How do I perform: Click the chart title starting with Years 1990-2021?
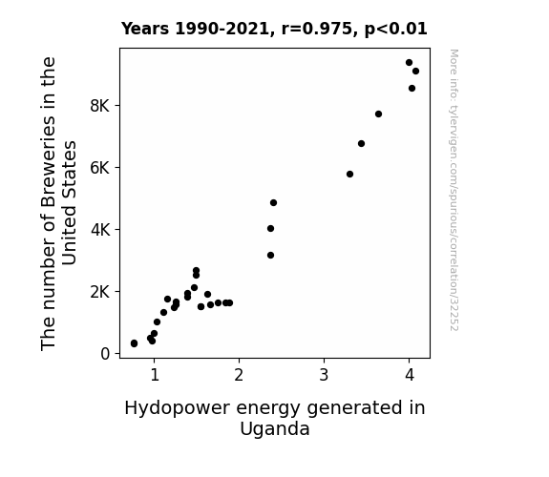(274, 29)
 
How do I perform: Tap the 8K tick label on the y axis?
(100, 106)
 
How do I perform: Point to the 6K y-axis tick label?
(100, 168)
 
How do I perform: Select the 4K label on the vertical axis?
(100, 230)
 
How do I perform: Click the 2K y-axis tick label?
(100, 292)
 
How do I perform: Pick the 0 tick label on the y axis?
(105, 354)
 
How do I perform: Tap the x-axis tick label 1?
(155, 375)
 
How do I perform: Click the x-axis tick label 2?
(239, 375)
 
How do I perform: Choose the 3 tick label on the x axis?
(325, 375)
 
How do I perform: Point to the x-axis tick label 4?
(410, 375)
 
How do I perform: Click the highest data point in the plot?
(409, 63)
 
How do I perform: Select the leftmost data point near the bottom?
(134, 343)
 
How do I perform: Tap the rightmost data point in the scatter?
(415, 71)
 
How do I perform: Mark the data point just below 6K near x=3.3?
(349, 174)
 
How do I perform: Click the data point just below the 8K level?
(378, 114)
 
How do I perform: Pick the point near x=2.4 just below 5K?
(273, 202)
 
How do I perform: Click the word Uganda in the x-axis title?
(275, 429)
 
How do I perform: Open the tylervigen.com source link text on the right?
(454, 190)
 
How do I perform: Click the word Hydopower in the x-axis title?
(177, 408)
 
